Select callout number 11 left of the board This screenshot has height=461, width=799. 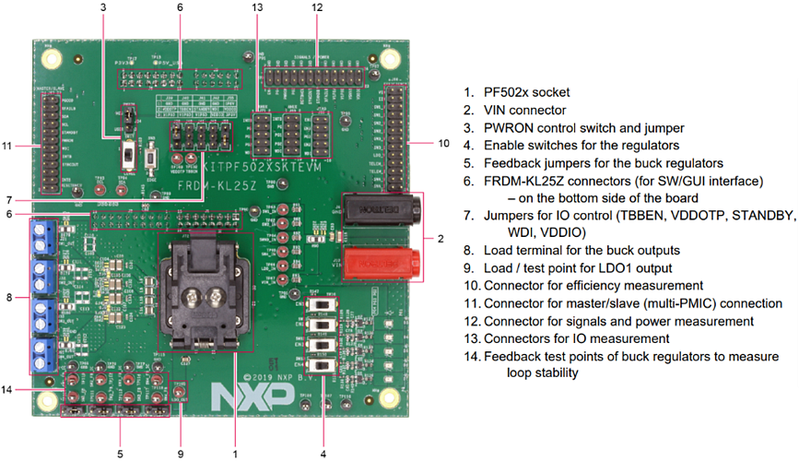click(7, 146)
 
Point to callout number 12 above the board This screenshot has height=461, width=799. click(317, 7)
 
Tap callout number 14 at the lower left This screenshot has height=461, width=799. click(7, 391)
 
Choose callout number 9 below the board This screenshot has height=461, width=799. click(181, 454)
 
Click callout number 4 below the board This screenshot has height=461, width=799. click(323, 454)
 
